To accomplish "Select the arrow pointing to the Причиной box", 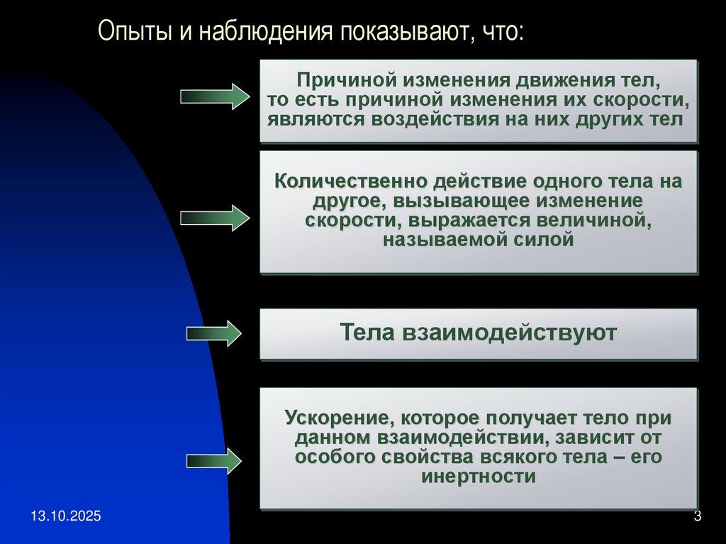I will [x=215, y=96].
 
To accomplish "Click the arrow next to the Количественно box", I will [x=215, y=217].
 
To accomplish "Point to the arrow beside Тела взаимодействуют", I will [x=215, y=333].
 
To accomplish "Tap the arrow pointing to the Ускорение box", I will [x=215, y=461].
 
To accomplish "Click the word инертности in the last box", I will [x=479, y=477].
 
